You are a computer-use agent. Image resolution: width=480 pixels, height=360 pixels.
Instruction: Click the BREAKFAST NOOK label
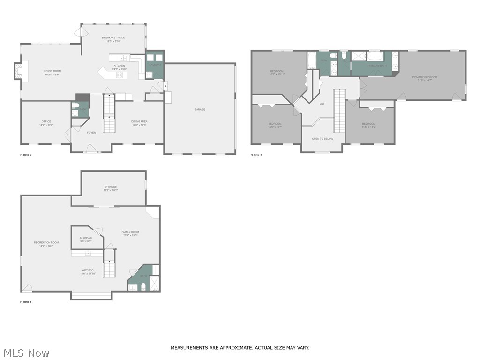[x=113, y=37]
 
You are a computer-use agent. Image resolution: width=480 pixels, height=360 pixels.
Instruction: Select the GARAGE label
[x=200, y=109]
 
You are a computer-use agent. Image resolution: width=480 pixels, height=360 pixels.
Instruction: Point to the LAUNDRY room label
[x=156, y=64]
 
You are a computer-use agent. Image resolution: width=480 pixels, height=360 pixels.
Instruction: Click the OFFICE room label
[x=46, y=121]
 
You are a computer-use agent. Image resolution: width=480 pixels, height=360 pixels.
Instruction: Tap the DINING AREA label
[x=139, y=121]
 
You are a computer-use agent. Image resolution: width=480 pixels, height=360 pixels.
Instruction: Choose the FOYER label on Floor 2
[x=91, y=133]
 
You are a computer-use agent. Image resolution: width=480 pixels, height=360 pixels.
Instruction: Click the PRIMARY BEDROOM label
[x=424, y=77]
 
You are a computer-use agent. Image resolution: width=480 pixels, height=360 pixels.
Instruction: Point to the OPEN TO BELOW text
[x=322, y=139]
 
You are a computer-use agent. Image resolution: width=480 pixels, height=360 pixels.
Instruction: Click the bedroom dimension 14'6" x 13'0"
[x=368, y=127]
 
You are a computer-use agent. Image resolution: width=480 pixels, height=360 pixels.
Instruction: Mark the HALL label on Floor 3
[x=322, y=104]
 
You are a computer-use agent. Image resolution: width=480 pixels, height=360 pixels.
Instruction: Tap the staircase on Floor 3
[x=339, y=112]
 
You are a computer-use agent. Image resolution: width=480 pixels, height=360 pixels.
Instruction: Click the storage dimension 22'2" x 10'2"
[x=111, y=190]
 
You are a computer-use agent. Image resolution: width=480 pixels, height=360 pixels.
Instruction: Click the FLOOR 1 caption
[x=26, y=302]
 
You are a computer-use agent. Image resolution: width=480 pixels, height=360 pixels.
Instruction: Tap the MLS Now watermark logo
[x=25, y=352]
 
